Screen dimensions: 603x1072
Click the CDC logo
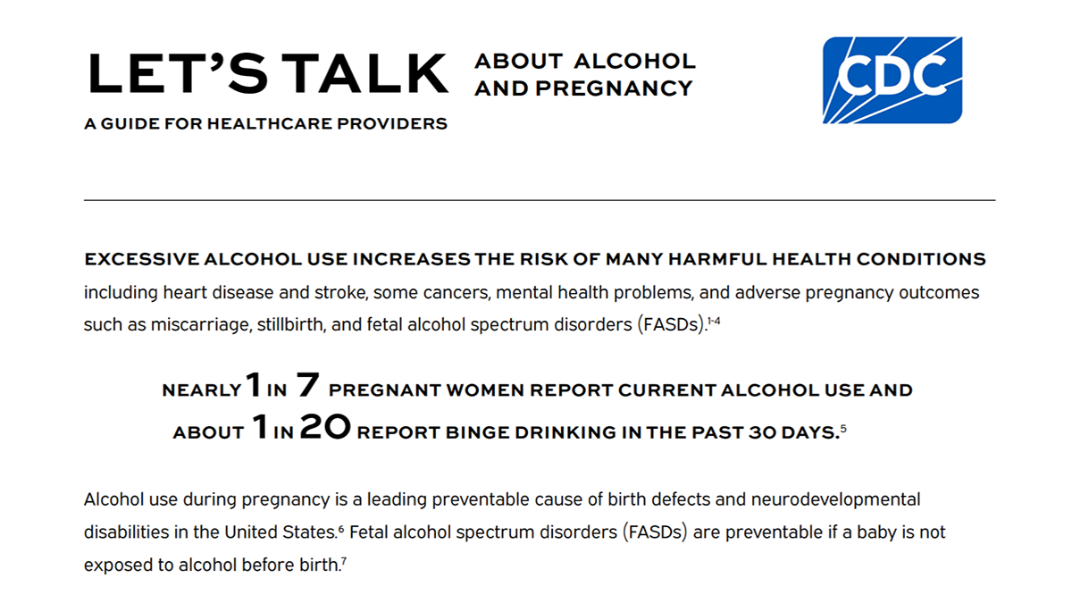tap(891, 80)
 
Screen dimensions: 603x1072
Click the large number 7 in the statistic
tap(307, 387)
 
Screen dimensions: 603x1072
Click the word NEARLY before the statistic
tap(202, 391)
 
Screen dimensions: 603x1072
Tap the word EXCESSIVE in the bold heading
tap(141, 260)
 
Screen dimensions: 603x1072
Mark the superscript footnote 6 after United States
tap(341, 528)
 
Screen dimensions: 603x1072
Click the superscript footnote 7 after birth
tap(345, 561)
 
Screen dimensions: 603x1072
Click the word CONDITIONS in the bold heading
tap(921, 260)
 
